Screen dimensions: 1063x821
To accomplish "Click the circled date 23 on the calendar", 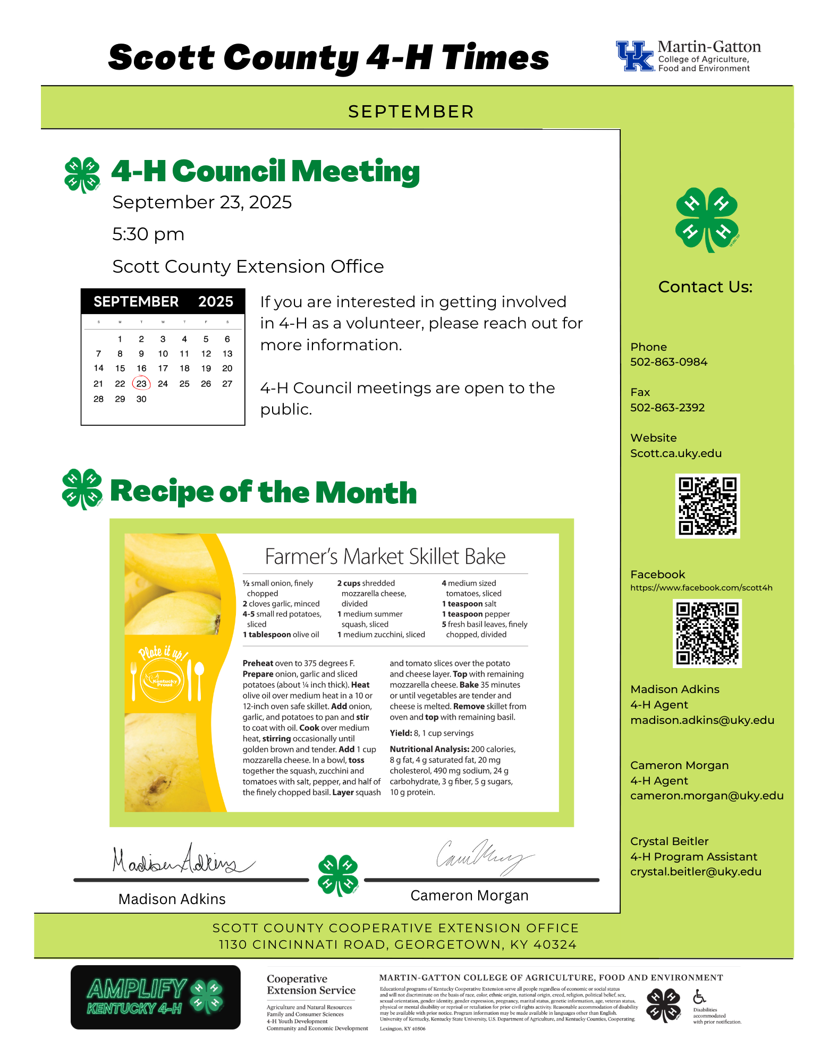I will coord(141,383).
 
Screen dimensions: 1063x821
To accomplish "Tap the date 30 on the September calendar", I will coord(141,399).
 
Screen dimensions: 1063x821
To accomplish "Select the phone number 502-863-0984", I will coord(668,362).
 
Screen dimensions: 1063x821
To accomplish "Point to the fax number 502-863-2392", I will coord(667,408).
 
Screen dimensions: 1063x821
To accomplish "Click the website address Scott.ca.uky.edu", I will coord(675,453).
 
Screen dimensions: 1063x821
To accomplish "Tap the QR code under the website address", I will coord(707,506).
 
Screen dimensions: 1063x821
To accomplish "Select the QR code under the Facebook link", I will coord(707,633).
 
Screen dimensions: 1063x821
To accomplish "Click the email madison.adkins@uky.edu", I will coord(702,720).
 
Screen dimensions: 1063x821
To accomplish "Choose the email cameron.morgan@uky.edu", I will coord(707,796).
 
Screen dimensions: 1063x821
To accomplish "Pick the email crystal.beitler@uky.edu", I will coord(696,872).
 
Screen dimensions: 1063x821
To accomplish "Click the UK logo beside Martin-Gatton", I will coord(634,56).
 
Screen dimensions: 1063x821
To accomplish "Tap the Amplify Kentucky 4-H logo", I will coord(155,997).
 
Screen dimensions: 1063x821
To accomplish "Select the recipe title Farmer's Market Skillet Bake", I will coord(385,556).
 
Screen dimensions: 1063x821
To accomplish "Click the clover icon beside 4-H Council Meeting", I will coord(82,174).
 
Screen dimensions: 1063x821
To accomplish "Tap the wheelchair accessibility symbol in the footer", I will coord(699,997).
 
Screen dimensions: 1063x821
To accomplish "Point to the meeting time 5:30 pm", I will coord(148,234).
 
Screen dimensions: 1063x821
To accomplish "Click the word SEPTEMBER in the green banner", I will coord(411,112).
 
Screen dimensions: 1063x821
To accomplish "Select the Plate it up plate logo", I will coord(165,681).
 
